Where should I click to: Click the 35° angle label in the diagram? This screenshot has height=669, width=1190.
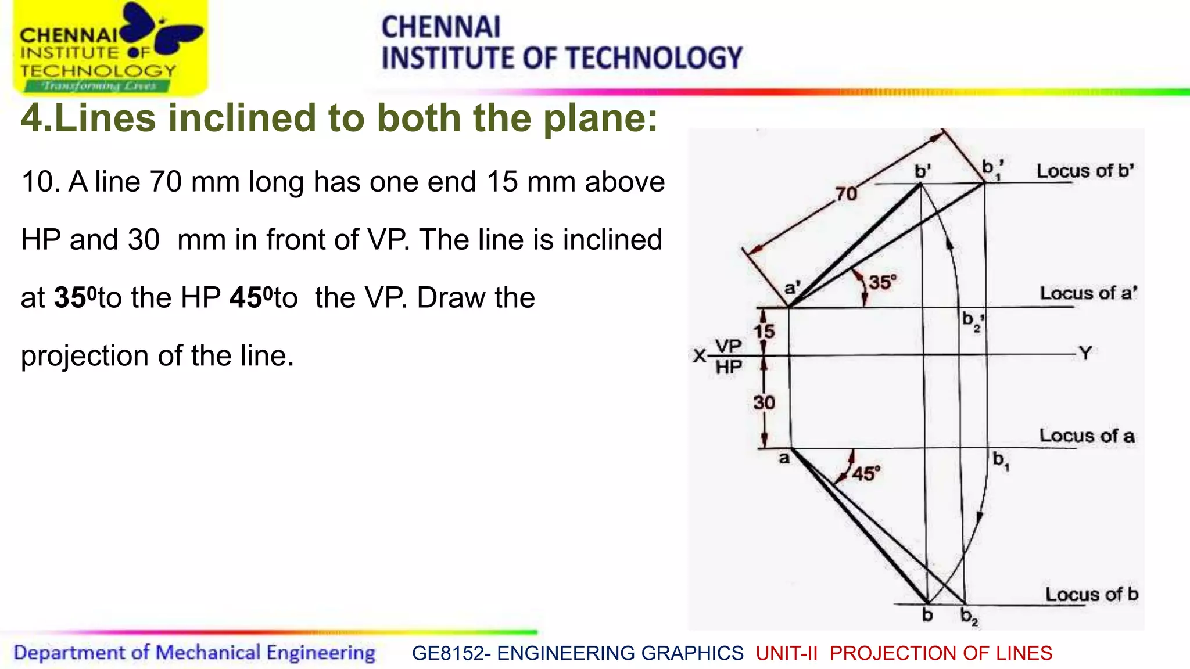point(882,283)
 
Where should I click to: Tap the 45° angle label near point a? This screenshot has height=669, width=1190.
point(866,473)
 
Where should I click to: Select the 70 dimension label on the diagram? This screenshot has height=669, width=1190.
point(846,193)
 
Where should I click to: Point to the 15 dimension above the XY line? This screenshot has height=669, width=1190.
point(764,332)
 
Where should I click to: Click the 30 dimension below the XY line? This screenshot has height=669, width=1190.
point(764,402)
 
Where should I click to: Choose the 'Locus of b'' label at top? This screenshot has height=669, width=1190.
point(1085,171)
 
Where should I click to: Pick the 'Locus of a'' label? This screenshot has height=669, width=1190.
point(1088,293)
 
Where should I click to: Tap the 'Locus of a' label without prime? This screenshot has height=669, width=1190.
point(1086,436)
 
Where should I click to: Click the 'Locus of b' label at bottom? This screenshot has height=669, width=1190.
point(1091,594)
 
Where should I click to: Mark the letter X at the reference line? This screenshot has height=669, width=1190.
point(700,355)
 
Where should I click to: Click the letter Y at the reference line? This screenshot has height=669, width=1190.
point(1085,353)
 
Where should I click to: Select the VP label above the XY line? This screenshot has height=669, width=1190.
point(728,346)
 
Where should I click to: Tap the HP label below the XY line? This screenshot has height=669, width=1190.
point(728,367)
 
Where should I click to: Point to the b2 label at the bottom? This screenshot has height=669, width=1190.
point(969,616)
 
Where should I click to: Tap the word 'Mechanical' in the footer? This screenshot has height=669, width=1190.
point(207,653)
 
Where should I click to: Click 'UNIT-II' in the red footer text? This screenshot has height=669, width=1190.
point(786,653)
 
